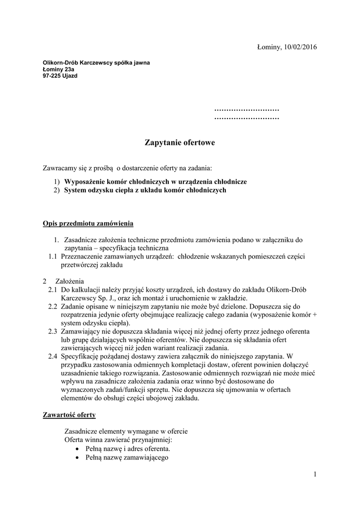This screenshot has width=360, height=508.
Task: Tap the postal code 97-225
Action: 52,76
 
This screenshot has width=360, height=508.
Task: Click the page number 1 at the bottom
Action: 315,475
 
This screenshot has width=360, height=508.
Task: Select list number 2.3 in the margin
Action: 53,331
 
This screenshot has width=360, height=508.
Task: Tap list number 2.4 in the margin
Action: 53,356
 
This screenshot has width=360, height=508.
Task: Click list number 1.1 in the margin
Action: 53,256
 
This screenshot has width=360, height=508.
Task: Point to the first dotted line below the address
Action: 246,109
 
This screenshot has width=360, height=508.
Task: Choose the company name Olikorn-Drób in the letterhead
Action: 62,63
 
